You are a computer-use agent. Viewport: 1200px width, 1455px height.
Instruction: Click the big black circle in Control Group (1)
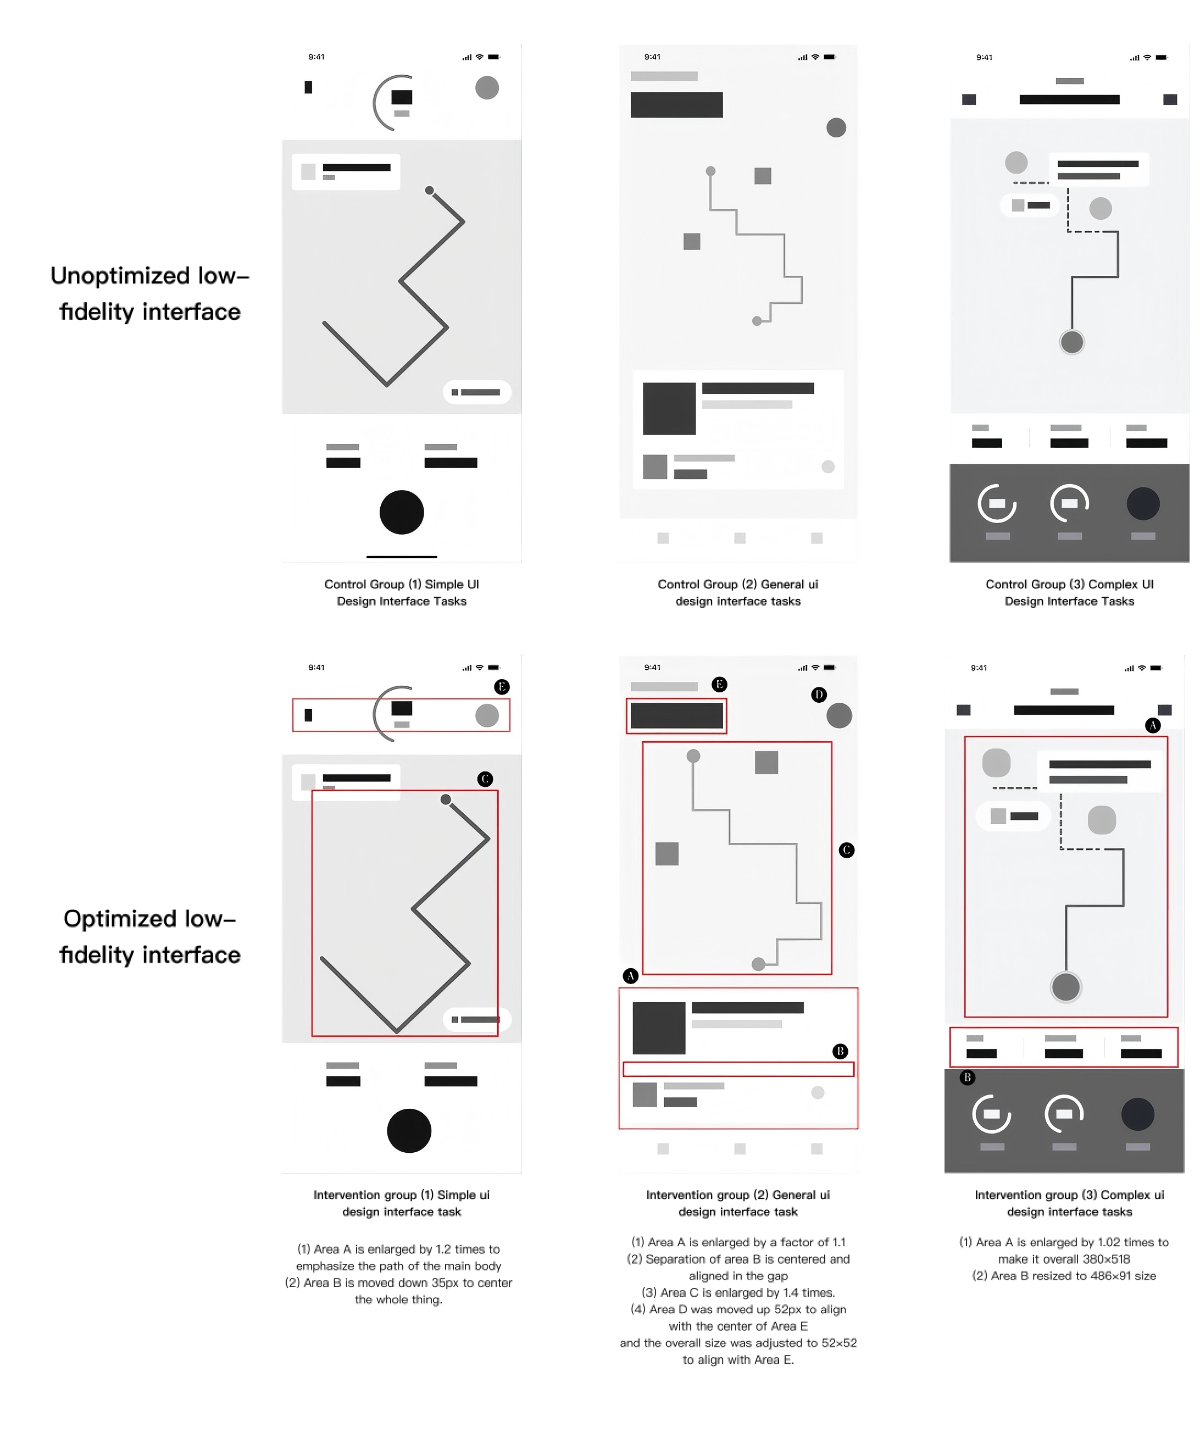click(x=402, y=512)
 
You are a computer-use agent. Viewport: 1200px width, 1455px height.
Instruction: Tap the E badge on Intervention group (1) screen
click(x=502, y=686)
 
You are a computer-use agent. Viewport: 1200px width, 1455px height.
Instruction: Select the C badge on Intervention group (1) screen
click(x=485, y=779)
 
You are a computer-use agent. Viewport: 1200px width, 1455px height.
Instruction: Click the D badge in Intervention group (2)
click(x=819, y=695)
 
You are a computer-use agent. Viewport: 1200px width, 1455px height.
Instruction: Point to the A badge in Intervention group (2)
click(x=630, y=976)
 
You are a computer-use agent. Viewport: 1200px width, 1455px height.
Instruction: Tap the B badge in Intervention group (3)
click(x=967, y=1077)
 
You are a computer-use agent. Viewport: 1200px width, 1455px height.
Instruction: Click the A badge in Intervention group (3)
click(x=1152, y=725)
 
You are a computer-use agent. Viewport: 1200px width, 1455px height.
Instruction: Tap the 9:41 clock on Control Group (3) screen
click(x=984, y=57)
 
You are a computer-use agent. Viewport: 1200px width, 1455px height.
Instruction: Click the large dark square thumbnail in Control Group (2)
click(x=669, y=408)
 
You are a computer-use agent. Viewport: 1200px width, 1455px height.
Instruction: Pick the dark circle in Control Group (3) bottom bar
click(x=1143, y=504)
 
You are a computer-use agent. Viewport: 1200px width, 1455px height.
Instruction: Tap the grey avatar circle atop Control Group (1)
click(x=487, y=88)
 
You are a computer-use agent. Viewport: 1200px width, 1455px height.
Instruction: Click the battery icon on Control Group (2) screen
click(x=830, y=57)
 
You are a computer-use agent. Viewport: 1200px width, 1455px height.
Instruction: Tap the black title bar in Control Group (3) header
click(x=1069, y=99)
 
